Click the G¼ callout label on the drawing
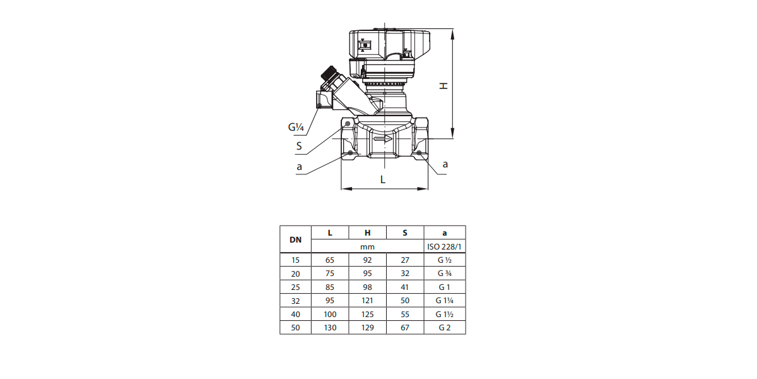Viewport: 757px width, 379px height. (296, 127)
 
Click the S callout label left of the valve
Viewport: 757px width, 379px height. (299, 146)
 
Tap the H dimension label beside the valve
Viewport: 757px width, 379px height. (443, 86)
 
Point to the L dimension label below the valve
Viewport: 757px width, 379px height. (382, 179)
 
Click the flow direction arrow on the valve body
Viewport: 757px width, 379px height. (383, 138)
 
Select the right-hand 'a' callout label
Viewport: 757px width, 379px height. (445, 164)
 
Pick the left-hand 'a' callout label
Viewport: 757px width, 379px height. (299, 167)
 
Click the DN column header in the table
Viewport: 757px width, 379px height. (295, 239)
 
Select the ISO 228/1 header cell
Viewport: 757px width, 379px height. (444, 247)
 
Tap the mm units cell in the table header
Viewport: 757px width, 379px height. (367, 247)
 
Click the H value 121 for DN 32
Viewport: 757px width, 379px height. (367, 301)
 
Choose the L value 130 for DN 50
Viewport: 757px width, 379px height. (330, 328)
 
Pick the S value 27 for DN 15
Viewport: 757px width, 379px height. (405, 260)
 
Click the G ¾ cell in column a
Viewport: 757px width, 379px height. (444, 274)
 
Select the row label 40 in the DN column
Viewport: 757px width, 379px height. (295, 315)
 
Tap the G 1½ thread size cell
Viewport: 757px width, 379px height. (444, 315)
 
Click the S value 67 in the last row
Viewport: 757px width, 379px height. (405, 328)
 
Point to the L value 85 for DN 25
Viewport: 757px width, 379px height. (330, 287)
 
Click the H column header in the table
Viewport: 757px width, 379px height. (367, 233)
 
